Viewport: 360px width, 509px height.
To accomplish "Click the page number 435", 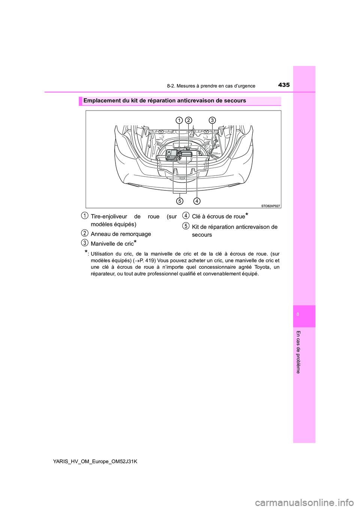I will tap(284, 85).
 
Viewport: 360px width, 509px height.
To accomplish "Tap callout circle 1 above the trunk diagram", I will tap(179, 120).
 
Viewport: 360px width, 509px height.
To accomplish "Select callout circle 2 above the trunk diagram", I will tap(188, 120).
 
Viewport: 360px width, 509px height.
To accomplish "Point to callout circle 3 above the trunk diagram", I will tap(212, 120).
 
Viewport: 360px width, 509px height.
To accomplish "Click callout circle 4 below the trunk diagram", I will tap(197, 201).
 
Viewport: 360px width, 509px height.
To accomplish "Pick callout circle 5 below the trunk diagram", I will tap(180, 201).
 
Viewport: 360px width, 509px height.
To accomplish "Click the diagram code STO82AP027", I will tap(271, 206).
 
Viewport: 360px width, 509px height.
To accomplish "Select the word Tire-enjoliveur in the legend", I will tap(109, 217).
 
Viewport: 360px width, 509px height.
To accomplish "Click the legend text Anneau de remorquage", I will tap(121, 234).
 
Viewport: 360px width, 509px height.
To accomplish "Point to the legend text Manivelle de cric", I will tap(112, 244).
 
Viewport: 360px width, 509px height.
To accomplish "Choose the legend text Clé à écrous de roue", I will tap(218, 217).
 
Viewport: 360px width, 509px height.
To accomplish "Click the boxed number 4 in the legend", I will tap(186, 215).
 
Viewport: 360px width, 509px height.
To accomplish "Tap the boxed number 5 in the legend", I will tap(186, 226).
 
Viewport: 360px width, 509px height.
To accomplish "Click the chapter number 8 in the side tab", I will tap(298, 314).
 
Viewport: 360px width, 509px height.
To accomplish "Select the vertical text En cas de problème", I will tap(298, 352).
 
